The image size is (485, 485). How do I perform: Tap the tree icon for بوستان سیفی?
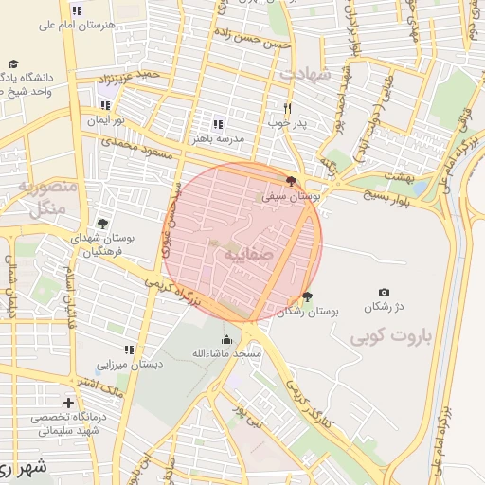291,181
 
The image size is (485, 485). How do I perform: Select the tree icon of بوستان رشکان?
307,296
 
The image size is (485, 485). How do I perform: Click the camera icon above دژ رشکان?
384,293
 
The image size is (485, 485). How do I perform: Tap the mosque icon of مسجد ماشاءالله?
226,340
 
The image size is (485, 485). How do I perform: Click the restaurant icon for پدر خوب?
288,108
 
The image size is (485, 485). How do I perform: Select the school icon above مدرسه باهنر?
218,124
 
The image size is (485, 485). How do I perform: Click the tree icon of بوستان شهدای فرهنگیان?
101,225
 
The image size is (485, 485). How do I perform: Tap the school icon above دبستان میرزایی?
129,350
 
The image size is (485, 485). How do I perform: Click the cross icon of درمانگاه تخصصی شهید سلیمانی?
67,403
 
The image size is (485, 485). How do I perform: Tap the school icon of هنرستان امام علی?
77,9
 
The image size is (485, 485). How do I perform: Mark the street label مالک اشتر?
99,386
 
